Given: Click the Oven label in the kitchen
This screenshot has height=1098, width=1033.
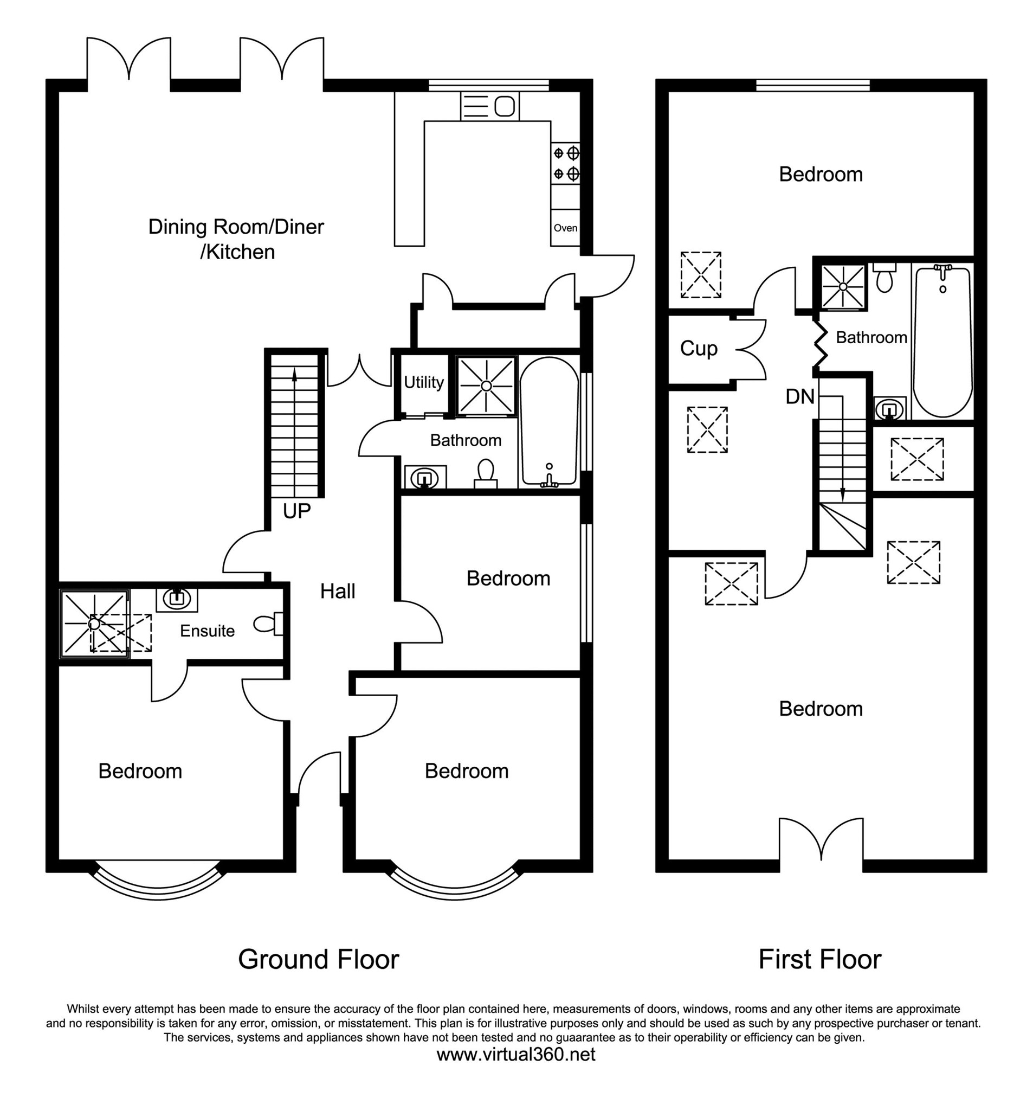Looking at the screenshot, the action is coord(565,228).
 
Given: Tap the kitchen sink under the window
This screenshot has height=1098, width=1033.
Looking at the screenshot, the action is coord(490,106).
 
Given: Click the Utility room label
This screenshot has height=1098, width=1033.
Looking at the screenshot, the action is coord(423,382).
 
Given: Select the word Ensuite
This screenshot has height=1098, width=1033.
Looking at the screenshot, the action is coord(207,631).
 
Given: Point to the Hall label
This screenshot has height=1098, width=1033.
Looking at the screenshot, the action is coord(337,592).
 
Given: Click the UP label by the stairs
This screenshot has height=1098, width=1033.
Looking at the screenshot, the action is coord(296,511).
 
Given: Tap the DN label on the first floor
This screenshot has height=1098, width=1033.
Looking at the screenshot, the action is coord(799,396).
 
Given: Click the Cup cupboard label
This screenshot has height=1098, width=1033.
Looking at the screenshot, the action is coord(699,349).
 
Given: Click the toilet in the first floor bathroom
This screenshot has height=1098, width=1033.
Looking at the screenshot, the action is coord(884,279).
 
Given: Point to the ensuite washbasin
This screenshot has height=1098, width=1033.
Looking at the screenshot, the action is coord(177,598).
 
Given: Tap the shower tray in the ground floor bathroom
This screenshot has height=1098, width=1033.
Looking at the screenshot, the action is coord(486,386).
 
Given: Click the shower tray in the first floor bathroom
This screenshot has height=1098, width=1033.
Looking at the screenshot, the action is coord(843,287).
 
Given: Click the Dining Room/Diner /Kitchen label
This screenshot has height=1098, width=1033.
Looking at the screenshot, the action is coord(236,239).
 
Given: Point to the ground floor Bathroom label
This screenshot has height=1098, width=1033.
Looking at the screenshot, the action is coord(466,440).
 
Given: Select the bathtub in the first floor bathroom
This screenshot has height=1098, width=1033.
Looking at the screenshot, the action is coord(942,343).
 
